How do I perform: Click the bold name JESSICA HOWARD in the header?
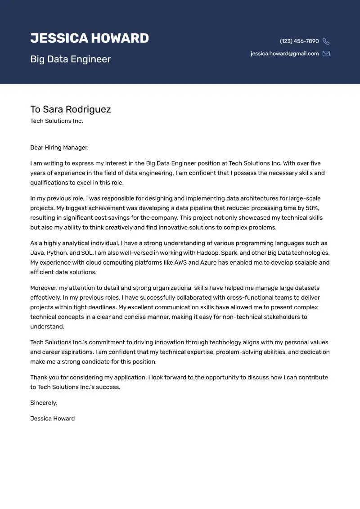[x=90, y=38]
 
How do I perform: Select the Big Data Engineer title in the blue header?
[x=70, y=59]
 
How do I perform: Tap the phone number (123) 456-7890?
[x=299, y=41]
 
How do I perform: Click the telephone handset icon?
[x=326, y=41]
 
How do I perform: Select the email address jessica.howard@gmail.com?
[x=284, y=54]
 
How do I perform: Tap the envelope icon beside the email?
[x=326, y=54]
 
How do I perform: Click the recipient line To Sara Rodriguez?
[x=70, y=109]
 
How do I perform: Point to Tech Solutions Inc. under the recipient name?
[x=56, y=121]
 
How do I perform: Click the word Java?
[x=37, y=253]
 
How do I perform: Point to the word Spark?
[x=229, y=253]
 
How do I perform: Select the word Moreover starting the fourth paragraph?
[x=45, y=288]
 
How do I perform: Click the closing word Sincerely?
[x=44, y=403]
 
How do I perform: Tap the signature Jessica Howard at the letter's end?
[x=52, y=419]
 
